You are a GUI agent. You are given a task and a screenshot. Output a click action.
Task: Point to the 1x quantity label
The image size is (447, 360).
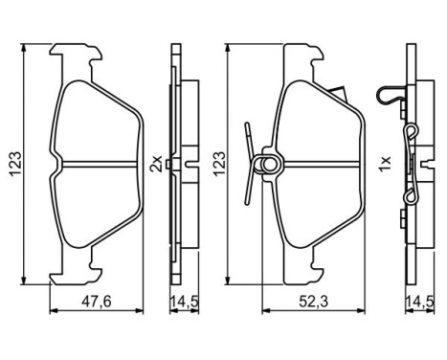coord(385,166)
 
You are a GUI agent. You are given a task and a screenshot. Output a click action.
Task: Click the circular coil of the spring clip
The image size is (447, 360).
coord(271,165)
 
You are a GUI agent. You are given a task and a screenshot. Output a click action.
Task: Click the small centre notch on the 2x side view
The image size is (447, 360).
coord(169,166)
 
